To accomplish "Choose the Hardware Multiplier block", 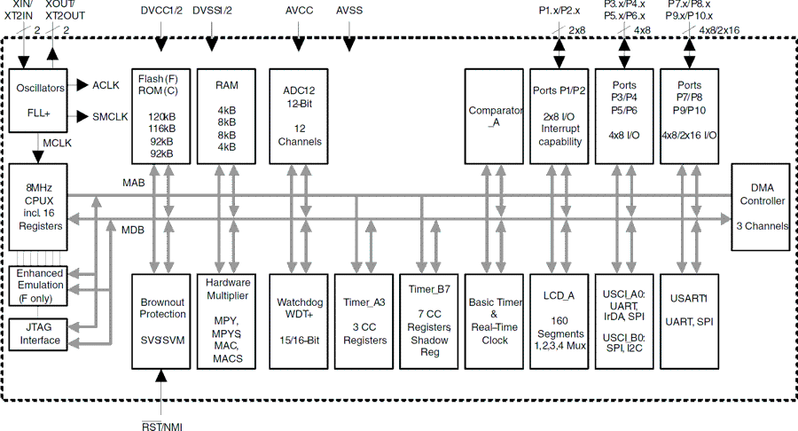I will point(228,320).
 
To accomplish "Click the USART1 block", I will point(689,320).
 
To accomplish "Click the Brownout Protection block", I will point(161,320).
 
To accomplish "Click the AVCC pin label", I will point(299,11).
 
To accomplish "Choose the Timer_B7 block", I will point(429,320).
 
